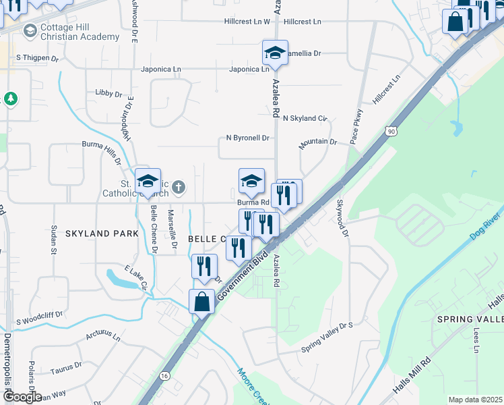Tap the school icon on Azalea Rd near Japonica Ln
tap(275, 53)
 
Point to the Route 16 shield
tap(164, 375)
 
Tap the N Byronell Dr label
tap(247, 138)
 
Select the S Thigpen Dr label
tap(38, 59)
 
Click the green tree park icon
tap(10, 99)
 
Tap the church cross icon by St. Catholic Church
tap(178, 186)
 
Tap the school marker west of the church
tap(148, 182)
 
